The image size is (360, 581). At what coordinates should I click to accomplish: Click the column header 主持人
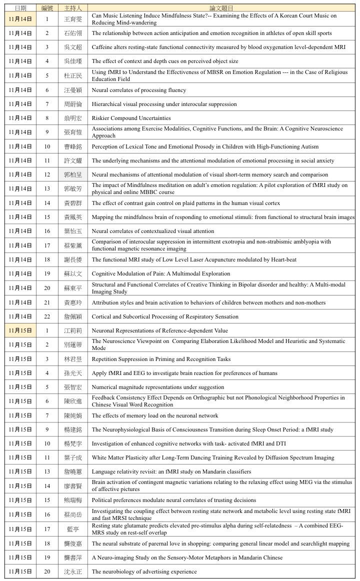[x=72, y=8]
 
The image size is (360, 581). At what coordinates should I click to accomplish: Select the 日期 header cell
[x=20, y=8]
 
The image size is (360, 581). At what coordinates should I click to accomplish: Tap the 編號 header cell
[x=47, y=8]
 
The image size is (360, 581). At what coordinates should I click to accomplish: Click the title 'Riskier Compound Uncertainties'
[x=131, y=118]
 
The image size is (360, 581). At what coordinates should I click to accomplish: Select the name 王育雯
[x=72, y=19]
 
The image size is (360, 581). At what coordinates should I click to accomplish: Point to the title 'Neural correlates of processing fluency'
[x=139, y=90]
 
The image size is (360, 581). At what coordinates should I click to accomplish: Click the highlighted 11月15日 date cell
[x=20, y=330]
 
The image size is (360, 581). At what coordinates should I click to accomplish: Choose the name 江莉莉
[x=72, y=330]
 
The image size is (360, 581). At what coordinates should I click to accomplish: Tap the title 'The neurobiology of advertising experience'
[x=144, y=571]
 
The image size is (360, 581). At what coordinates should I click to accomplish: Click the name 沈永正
[x=72, y=571]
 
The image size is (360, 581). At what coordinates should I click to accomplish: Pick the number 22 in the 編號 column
[x=47, y=316]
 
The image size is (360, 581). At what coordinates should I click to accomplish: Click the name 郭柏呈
[x=72, y=175]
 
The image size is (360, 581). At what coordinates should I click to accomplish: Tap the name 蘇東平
[x=72, y=288]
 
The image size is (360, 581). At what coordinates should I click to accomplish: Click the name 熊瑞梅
[x=72, y=500]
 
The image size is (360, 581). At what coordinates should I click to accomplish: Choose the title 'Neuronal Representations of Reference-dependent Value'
[x=159, y=330]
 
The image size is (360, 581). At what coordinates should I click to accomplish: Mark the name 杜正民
[x=72, y=76]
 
